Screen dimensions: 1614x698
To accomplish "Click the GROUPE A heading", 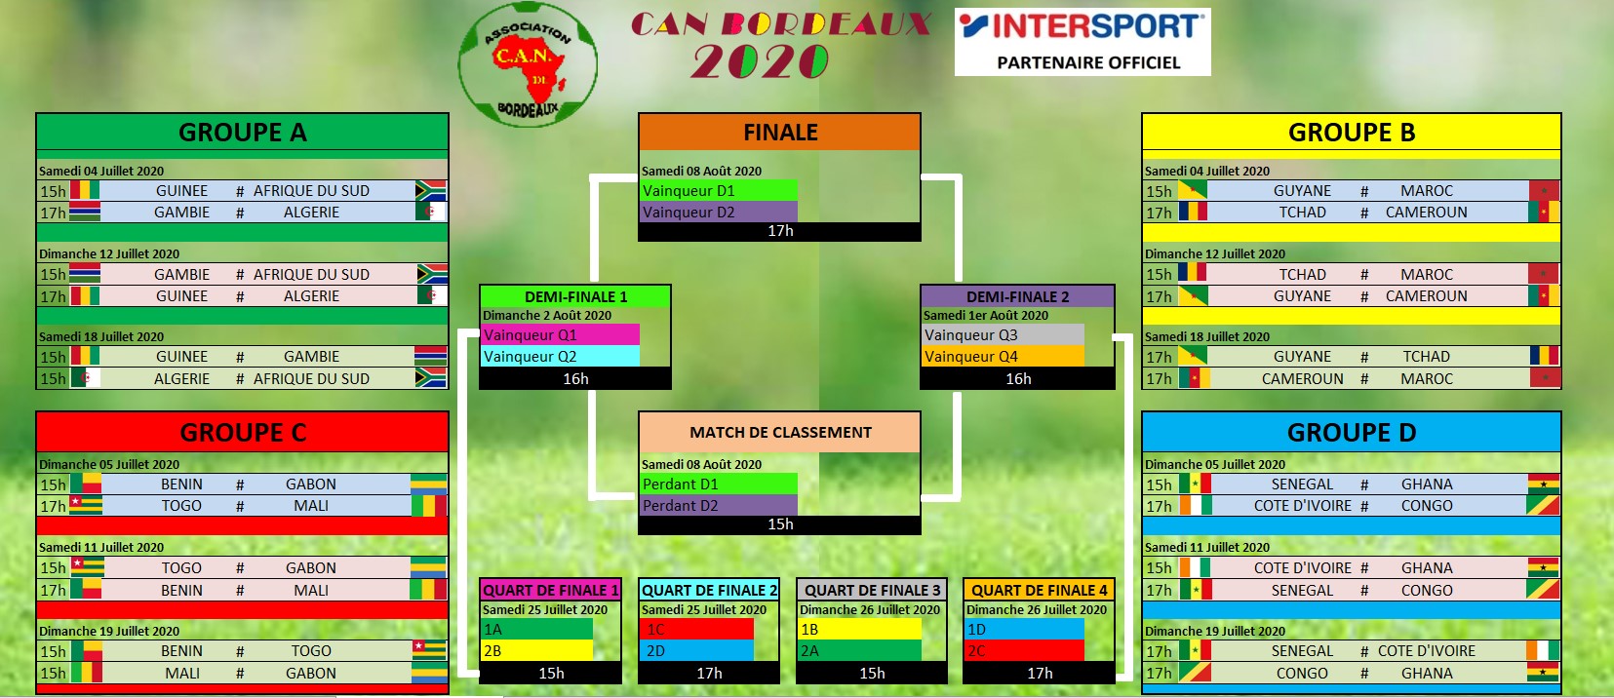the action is point(242,132).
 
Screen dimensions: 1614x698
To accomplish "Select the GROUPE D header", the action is point(1351,432).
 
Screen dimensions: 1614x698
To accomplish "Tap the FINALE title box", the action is point(779,132).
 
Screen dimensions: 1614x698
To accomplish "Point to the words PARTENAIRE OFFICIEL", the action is point(1088,62).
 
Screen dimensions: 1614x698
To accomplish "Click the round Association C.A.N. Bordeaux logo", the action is point(529,65).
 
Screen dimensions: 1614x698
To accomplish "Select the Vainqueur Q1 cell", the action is point(561,335).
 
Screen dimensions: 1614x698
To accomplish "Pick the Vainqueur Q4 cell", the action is point(1003,357).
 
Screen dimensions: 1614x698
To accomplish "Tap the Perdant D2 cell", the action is point(719,506).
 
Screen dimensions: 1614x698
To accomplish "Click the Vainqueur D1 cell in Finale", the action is point(719,191).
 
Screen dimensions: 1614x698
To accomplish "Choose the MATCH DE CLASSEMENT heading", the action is point(779,432).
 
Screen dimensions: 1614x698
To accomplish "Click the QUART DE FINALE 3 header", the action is point(872,590).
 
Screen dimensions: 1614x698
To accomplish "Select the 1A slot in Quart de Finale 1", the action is point(536,630).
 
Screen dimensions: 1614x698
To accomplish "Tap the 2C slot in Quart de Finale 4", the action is point(1024,651).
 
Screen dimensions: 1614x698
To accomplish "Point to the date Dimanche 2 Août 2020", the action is point(547,316).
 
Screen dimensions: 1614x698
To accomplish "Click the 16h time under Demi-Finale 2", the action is point(1018,379).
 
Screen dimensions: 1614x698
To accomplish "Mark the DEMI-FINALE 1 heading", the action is point(575,296).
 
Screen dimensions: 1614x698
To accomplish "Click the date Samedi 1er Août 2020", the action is point(986,316).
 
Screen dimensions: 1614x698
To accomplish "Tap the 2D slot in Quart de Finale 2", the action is point(696,651).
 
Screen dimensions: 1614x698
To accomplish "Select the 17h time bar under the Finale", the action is point(779,231).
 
